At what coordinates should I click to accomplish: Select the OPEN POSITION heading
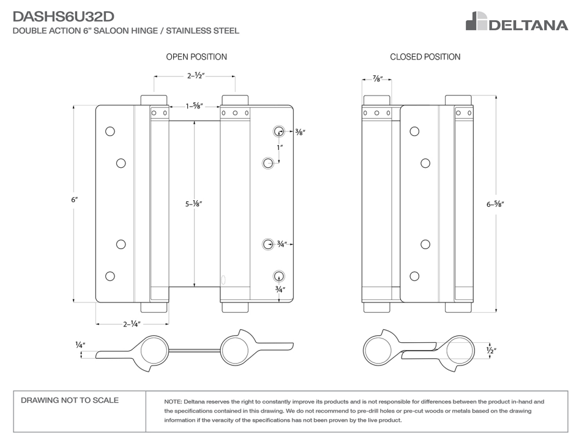tap(196, 57)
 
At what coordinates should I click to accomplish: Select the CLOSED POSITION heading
tap(425, 57)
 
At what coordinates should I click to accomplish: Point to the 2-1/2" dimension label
tap(195, 77)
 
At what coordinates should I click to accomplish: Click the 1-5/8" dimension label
tap(195, 107)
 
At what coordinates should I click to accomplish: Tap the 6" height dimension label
tap(75, 200)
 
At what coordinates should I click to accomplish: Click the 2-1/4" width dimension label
tap(132, 323)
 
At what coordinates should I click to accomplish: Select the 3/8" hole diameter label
tap(300, 132)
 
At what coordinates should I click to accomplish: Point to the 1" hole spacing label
tap(279, 148)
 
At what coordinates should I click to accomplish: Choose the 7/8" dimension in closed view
tap(377, 79)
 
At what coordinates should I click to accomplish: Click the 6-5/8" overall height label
tap(495, 204)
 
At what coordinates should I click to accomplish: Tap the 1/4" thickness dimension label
tap(80, 345)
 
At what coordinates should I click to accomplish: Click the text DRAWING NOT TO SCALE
tap(70, 400)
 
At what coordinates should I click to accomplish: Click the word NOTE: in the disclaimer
tap(174, 402)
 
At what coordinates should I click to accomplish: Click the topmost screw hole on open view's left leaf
tap(110, 131)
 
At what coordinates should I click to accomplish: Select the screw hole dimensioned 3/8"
tap(278, 131)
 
